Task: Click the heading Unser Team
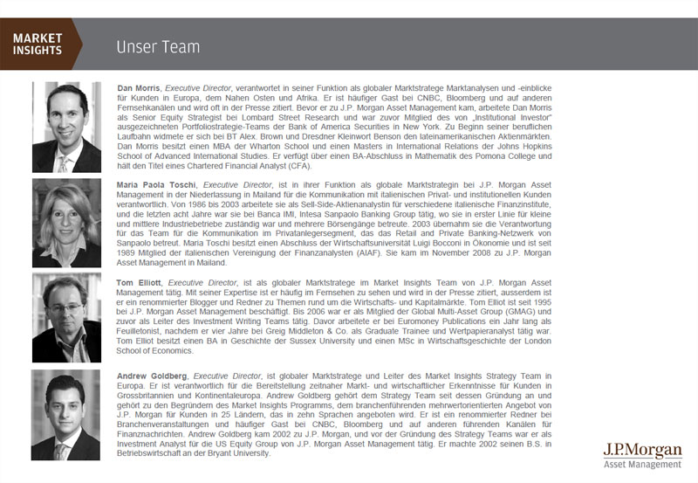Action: coord(157,46)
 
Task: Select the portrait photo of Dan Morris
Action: coord(66,128)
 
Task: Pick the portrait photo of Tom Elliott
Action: coord(66,315)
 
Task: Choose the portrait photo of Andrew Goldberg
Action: coord(66,414)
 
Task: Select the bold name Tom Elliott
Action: coord(139,283)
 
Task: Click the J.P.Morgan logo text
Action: coord(641,449)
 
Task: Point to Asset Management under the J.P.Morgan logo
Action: coord(641,465)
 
